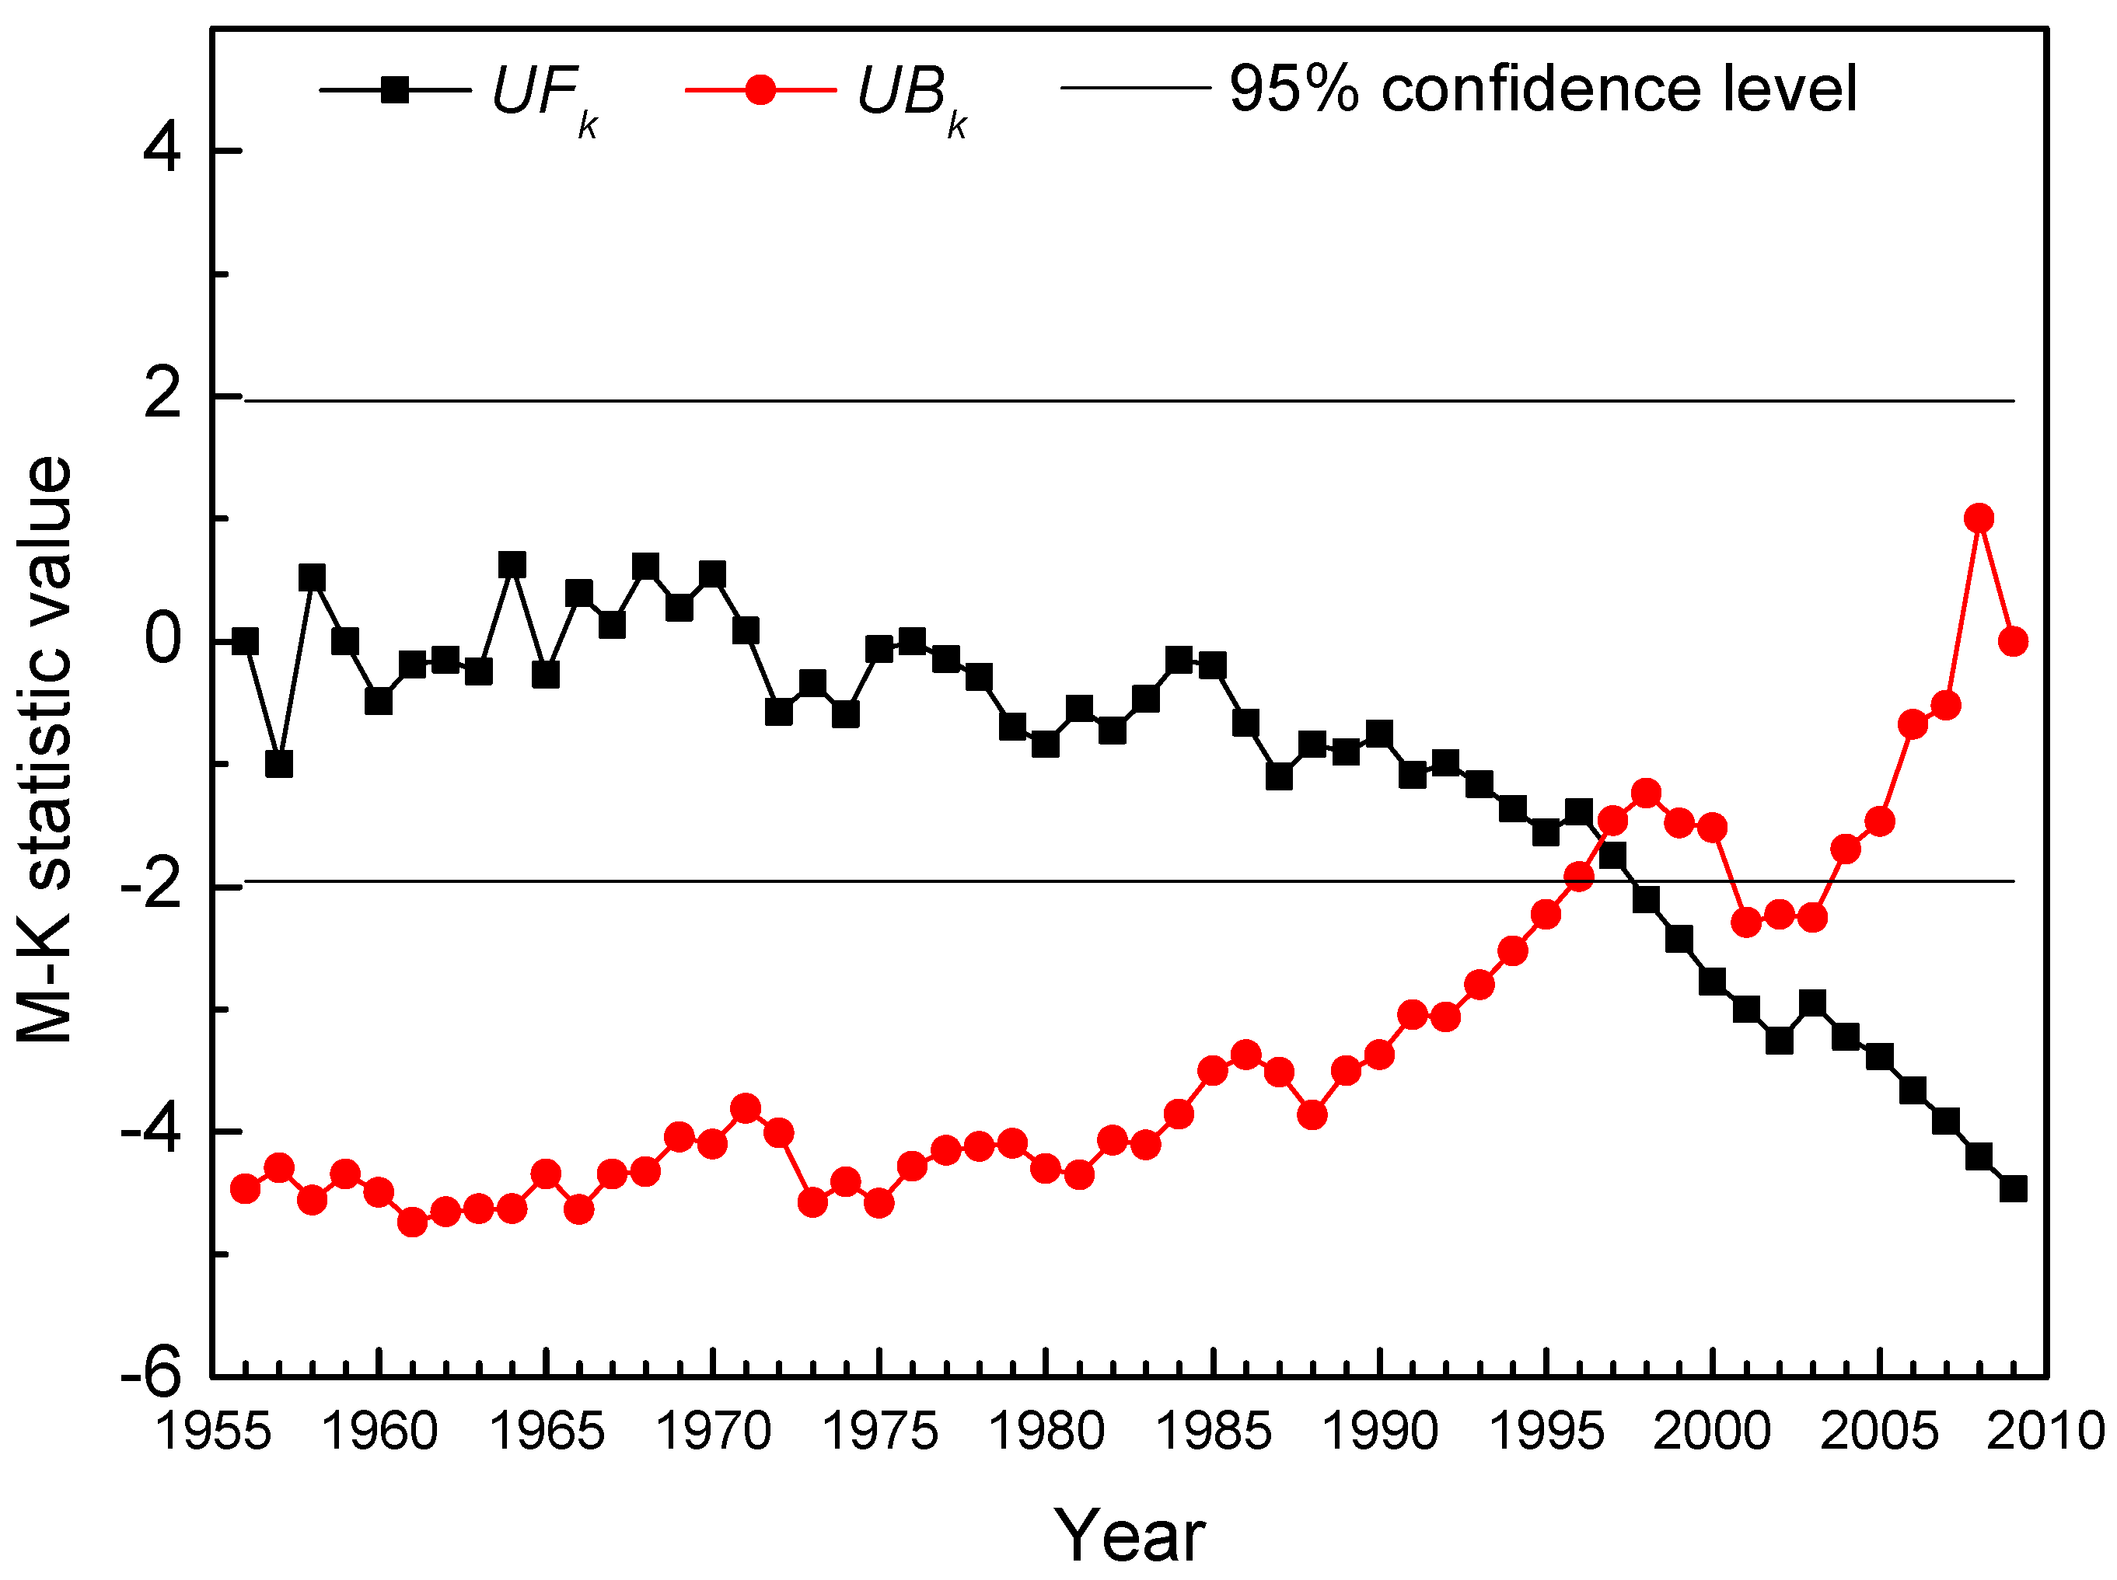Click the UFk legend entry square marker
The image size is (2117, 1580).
click(x=395, y=90)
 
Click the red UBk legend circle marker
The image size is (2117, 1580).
click(x=760, y=90)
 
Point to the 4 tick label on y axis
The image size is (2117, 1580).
click(x=162, y=150)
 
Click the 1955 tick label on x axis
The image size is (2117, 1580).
click(x=212, y=1432)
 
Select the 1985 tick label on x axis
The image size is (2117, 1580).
click(x=1213, y=1432)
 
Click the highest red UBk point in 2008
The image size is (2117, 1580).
click(x=1979, y=518)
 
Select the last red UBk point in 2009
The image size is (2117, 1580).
click(x=2013, y=641)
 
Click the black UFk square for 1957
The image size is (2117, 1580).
click(x=278, y=764)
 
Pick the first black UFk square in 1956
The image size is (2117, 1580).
click(x=246, y=641)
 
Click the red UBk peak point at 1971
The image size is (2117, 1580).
click(x=746, y=1108)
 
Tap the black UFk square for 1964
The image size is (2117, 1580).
click(x=512, y=564)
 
